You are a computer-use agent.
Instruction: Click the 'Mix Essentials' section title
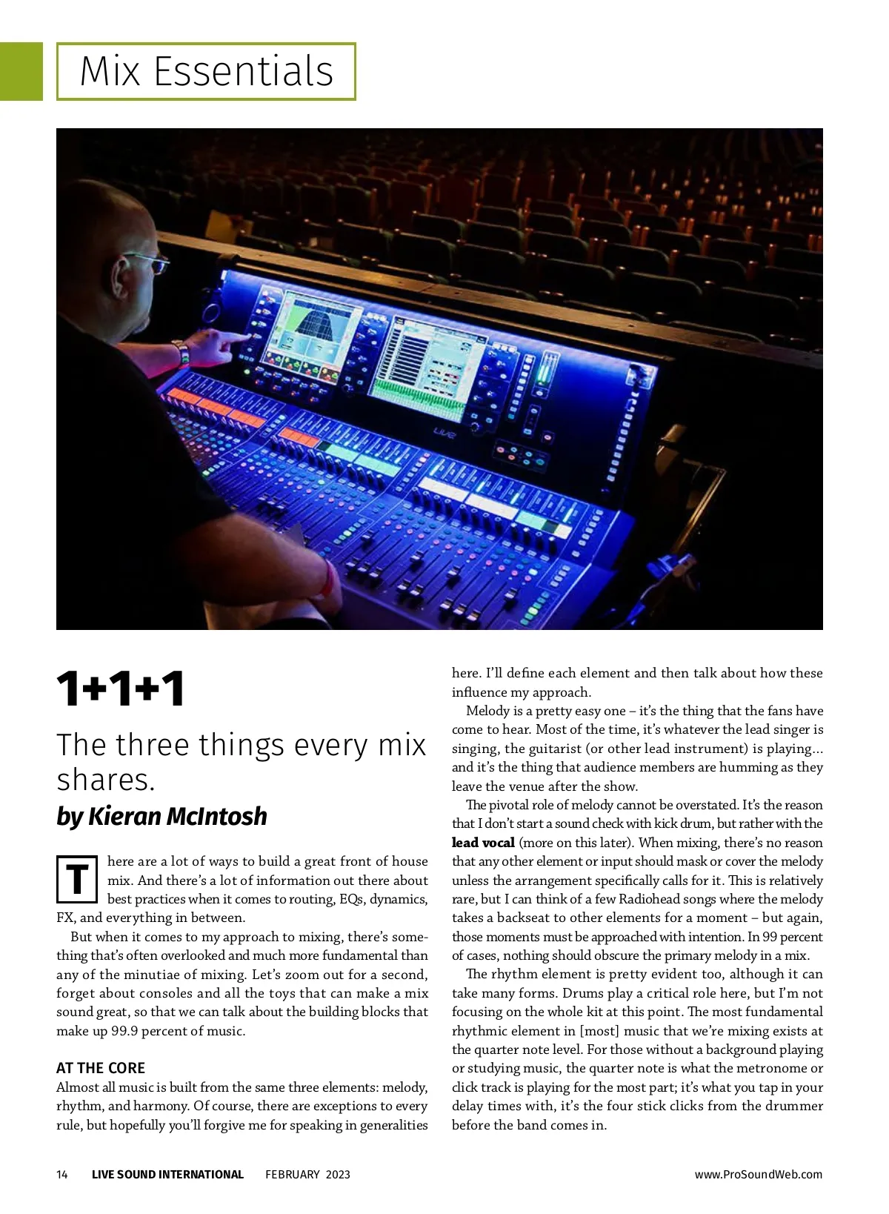click(206, 71)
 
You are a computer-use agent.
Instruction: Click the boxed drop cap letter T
click(77, 880)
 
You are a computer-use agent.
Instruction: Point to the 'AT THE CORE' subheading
click(101, 1068)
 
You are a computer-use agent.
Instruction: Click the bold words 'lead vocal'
click(483, 843)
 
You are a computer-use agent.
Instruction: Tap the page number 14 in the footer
click(62, 1174)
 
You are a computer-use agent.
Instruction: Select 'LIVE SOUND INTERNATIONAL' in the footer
click(167, 1174)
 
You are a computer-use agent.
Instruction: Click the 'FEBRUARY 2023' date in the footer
click(307, 1174)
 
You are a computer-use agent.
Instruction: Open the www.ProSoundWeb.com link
click(758, 1174)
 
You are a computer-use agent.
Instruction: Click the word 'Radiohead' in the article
click(650, 899)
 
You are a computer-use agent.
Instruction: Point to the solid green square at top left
click(21, 71)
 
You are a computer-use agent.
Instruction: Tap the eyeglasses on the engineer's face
click(147, 260)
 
